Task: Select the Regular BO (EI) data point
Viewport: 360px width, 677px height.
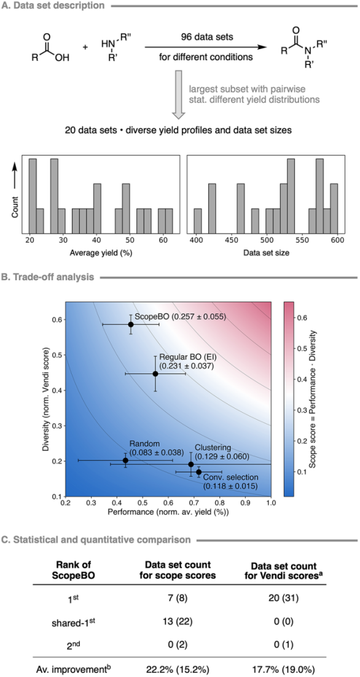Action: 155,374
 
